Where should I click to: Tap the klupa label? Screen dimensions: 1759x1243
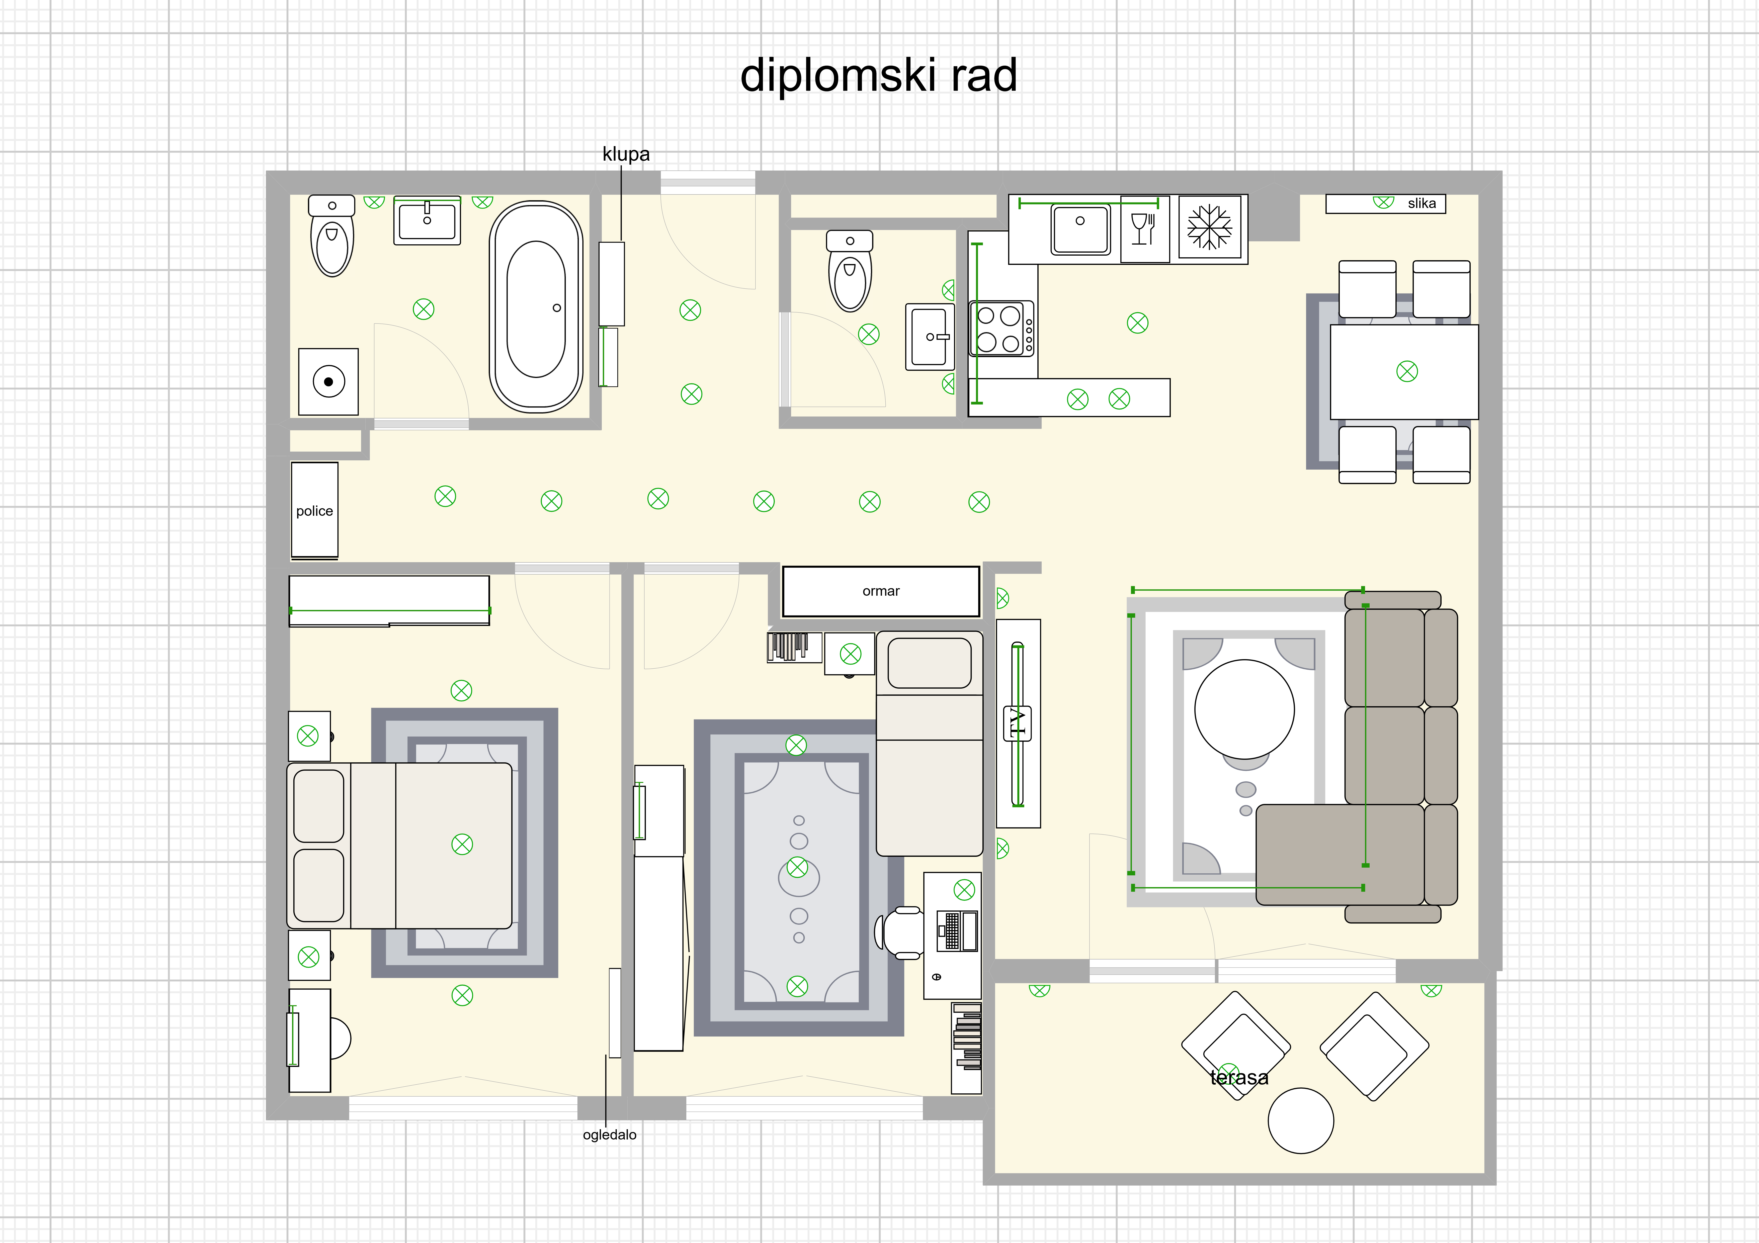(626, 154)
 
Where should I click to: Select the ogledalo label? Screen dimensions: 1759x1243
(610, 1134)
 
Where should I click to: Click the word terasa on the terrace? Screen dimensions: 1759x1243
(1239, 1078)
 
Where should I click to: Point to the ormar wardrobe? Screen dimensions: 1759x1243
(881, 591)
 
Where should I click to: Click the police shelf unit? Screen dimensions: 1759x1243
(314, 510)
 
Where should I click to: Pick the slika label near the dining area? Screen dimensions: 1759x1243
(1422, 203)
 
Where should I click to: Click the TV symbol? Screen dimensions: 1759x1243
(1017, 723)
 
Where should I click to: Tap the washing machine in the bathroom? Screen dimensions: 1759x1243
(329, 381)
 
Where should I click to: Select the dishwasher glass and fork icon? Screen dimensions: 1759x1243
(1144, 228)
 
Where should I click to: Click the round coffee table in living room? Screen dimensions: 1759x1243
(1244, 709)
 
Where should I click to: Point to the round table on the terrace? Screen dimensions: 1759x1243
(1301, 1120)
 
